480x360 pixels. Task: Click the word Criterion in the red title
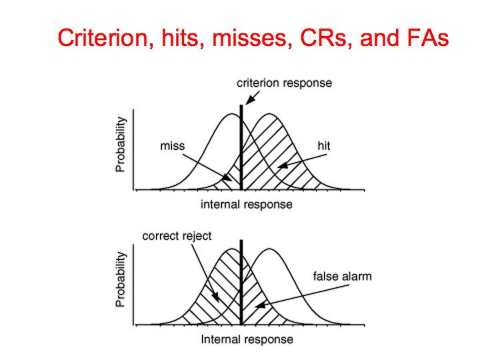coord(102,37)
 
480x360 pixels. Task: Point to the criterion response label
coord(284,83)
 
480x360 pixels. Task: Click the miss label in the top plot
coord(173,146)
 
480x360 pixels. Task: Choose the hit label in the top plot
coord(324,146)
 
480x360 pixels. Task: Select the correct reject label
coord(177,236)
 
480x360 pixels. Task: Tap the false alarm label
coord(342,276)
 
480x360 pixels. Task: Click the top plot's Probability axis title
coord(121,145)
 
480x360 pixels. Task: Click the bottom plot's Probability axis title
coord(121,279)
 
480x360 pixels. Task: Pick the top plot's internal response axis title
coord(247,205)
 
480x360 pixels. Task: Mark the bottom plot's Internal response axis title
coord(247,339)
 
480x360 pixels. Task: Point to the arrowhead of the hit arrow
coord(282,165)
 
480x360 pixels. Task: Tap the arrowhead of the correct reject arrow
coord(216,297)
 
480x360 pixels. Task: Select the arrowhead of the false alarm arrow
coord(260,305)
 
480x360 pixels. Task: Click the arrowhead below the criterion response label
coord(249,100)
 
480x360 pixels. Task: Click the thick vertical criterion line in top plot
coord(241,147)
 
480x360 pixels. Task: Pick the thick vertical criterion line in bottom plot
coord(241,282)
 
